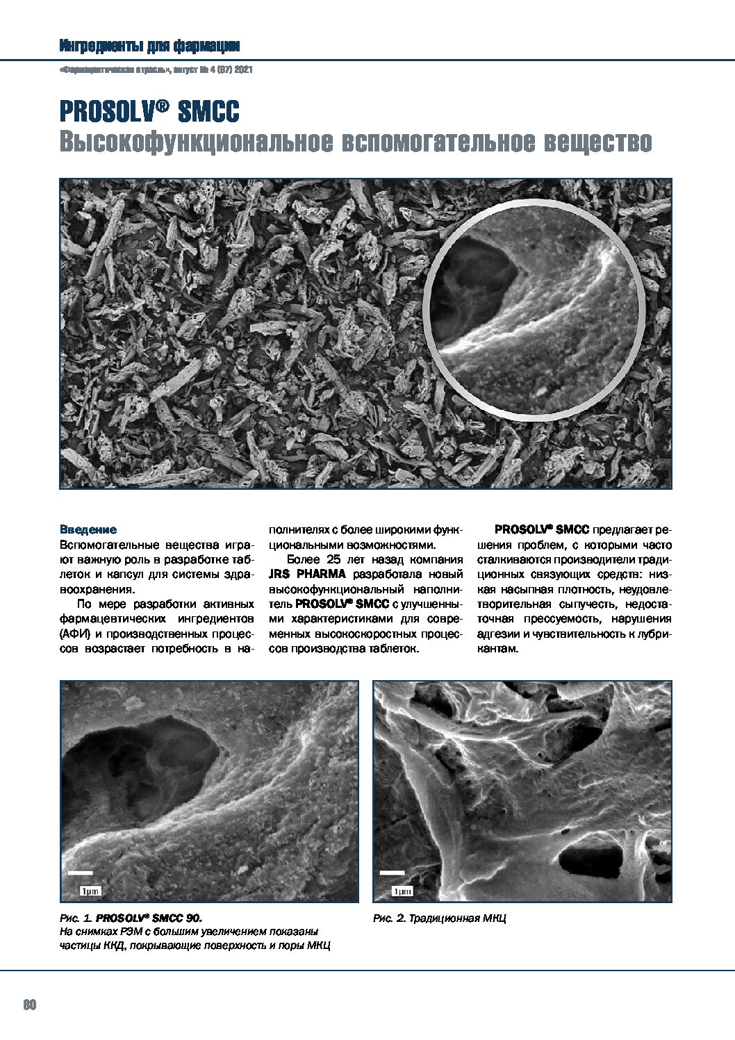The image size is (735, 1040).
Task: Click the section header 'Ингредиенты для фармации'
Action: pyautogui.click(x=149, y=47)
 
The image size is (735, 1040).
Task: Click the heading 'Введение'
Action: pyautogui.click(x=88, y=529)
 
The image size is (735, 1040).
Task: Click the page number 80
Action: pyautogui.click(x=29, y=1005)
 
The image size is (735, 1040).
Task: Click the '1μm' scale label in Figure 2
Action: pyautogui.click(x=402, y=891)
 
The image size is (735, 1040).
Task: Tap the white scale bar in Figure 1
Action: pyautogui.click(x=81, y=872)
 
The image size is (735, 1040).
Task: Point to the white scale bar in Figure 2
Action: pyautogui.click(x=393, y=873)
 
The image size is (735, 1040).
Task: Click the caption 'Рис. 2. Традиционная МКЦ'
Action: pyautogui.click(x=439, y=918)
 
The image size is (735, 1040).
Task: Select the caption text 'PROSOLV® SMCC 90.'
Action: pyautogui.click(x=149, y=918)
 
